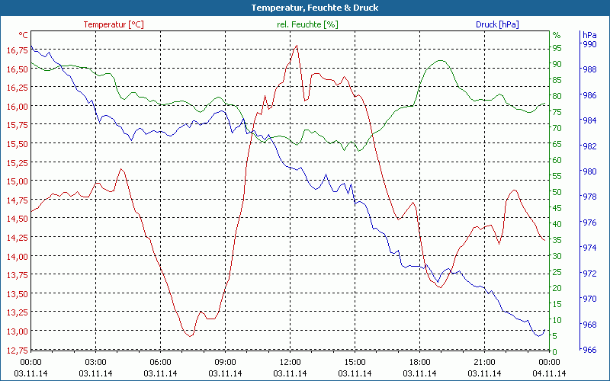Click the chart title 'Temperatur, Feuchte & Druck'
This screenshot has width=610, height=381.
tap(304, 8)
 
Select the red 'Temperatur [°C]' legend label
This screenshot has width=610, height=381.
tap(113, 24)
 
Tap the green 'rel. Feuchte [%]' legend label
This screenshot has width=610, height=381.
tap(307, 24)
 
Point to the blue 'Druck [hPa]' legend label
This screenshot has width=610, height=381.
tap(497, 24)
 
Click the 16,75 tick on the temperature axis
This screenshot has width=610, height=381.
tap(15, 50)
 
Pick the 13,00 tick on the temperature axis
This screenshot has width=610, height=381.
tap(15, 331)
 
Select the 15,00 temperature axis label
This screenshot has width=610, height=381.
tap(15, 181)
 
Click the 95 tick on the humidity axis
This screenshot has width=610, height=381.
tap(557, 47)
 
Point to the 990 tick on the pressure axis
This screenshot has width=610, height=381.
tap(589, 44)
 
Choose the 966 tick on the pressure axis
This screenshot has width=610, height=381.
tap(589, 351)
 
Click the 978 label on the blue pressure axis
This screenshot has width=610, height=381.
tap(589, 197)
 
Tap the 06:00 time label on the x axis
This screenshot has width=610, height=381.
tap(161, 362)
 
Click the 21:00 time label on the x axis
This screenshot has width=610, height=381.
tap(484, 362)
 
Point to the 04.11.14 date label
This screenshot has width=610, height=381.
tap(549, 373)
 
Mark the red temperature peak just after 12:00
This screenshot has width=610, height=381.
tap(297, 46)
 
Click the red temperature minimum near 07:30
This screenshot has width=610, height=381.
tap(189, 335)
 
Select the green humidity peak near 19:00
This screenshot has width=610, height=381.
tap(440, 60)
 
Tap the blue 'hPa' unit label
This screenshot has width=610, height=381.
tap(589, 35)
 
